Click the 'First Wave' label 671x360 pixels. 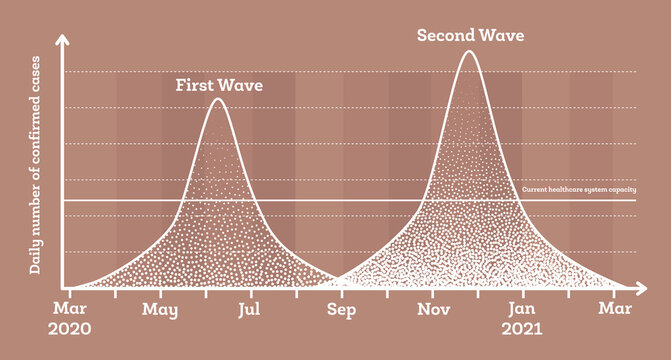[219, 86]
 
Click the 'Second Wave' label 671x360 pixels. [470, 37]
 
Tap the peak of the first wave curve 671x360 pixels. [217, 99]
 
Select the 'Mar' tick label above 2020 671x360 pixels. [68, 310]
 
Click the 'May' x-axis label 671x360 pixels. [160, 310]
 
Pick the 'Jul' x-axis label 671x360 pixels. [251, 310]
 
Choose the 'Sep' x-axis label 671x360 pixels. [343, 310]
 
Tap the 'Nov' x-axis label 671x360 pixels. [434, 310]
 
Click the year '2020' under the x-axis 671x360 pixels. [68, 329]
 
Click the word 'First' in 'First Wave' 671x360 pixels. [197, 86]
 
